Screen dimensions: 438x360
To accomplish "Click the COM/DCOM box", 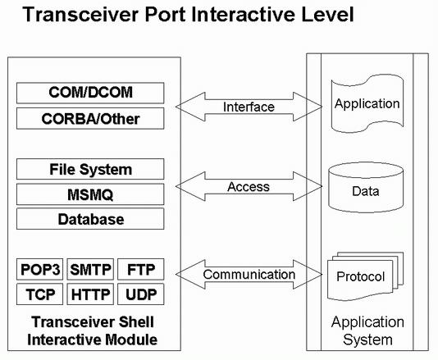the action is coord(90,93).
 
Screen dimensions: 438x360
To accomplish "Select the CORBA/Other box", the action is coord(90,119).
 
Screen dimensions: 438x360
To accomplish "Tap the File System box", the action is coord(90,169).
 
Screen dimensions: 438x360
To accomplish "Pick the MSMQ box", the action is coord(90,194).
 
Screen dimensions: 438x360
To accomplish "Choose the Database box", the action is coord(90,219).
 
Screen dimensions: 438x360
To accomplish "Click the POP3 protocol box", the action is coord(39,269).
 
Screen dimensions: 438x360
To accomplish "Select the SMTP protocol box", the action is coord(90,269).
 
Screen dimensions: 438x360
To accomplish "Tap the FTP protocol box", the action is coord(141,269).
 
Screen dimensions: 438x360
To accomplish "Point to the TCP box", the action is coord(39,294).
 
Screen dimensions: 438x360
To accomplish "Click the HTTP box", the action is coord(90,294).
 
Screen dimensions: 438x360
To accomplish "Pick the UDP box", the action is coord(141,294).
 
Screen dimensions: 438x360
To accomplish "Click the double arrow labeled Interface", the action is coord(249,107).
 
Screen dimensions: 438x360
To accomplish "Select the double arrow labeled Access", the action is coord(249,186).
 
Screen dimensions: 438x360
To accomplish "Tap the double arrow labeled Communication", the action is coord(249,274).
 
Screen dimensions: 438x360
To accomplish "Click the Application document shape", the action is coord(367,103).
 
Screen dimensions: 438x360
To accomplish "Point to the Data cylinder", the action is coord(366,188).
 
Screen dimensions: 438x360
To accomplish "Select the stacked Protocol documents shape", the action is coord(365,276).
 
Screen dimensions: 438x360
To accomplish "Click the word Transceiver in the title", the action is coord(80,14).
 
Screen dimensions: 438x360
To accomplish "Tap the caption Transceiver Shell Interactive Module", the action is coord(92,330).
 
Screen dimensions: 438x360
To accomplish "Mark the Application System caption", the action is coord(367,330).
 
